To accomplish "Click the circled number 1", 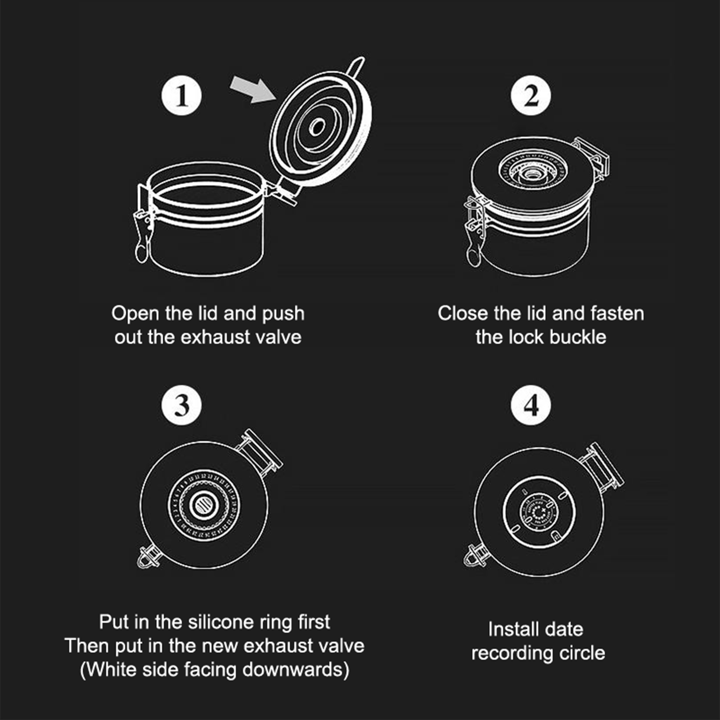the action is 181,95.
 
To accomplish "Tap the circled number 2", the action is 531,95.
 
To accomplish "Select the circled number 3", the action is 181,405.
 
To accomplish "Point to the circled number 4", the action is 531,405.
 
